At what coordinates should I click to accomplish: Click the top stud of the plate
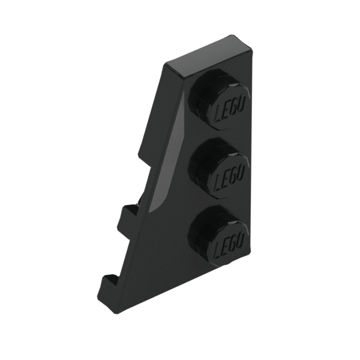pos(219,99)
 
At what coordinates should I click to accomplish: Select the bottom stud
pos(218,236)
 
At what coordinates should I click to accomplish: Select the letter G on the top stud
pos(233,108)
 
